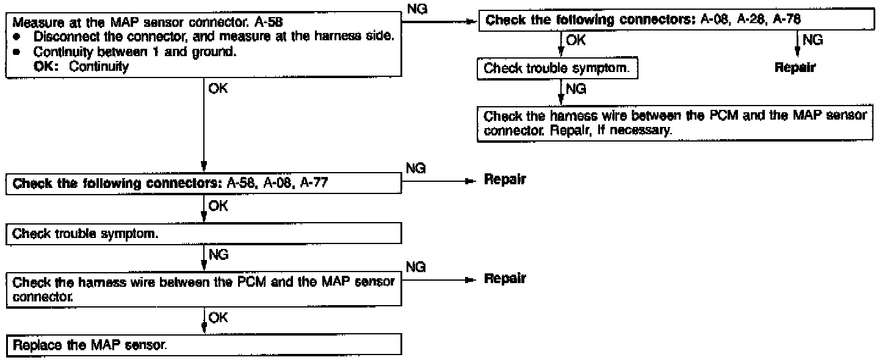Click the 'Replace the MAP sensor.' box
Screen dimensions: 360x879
click(x=204, y=345)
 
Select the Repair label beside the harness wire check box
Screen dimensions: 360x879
click(x=504, y=278)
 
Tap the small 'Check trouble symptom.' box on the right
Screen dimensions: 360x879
click(x=556, y=69)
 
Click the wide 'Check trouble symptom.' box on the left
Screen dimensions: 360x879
click(x=204, y=232)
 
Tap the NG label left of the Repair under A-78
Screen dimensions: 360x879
click(x=812, y=41)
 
